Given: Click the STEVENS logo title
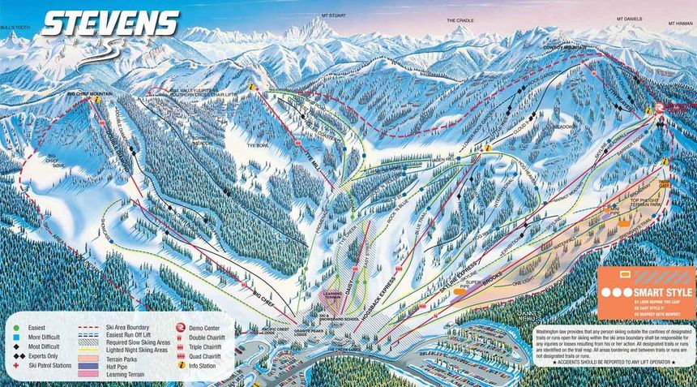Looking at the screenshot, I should (x=109, y=24).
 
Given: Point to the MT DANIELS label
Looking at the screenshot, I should (x=629, y=17).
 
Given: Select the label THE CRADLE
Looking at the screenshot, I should (x=459, y=20).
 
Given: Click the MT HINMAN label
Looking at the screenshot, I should (x=680, y=24).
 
